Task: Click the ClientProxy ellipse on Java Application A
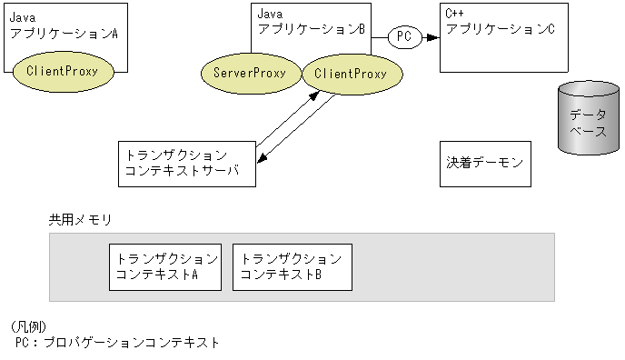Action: pos(63,70)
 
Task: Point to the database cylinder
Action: pos(586,117)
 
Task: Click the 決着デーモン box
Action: pos(484,164)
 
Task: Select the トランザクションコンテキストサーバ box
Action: pos(187,164)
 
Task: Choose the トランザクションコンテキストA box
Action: pos(164,266)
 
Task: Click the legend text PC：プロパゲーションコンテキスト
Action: pos(117,343)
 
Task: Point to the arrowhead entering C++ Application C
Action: pos(434,37)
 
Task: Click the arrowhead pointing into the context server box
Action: pos(261,160)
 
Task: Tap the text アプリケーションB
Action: pos(312,29)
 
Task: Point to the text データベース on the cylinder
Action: pos(586,123)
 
